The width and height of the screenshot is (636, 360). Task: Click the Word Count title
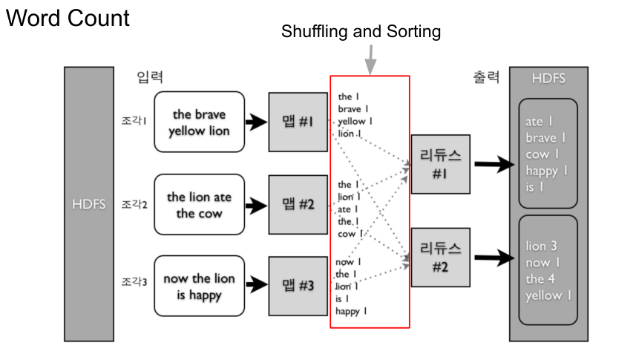point(68,19)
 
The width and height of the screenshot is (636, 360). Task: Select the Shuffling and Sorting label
point(361,32)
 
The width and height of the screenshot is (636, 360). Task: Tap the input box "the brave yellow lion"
point(199,122)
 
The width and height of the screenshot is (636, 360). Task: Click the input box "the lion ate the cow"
point(199,205)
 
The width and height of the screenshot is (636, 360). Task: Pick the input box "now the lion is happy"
point(199,287)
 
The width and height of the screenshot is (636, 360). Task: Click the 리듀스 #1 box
point(440,164)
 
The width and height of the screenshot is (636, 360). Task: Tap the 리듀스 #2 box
point(440,257)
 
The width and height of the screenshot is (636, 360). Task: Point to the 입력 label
point(150,77)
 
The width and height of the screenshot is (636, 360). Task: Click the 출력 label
point(486,77)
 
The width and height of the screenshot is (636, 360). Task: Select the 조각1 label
point(134,120)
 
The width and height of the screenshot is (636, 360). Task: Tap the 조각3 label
point(134,283)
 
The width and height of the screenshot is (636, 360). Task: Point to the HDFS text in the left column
point(88,204)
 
